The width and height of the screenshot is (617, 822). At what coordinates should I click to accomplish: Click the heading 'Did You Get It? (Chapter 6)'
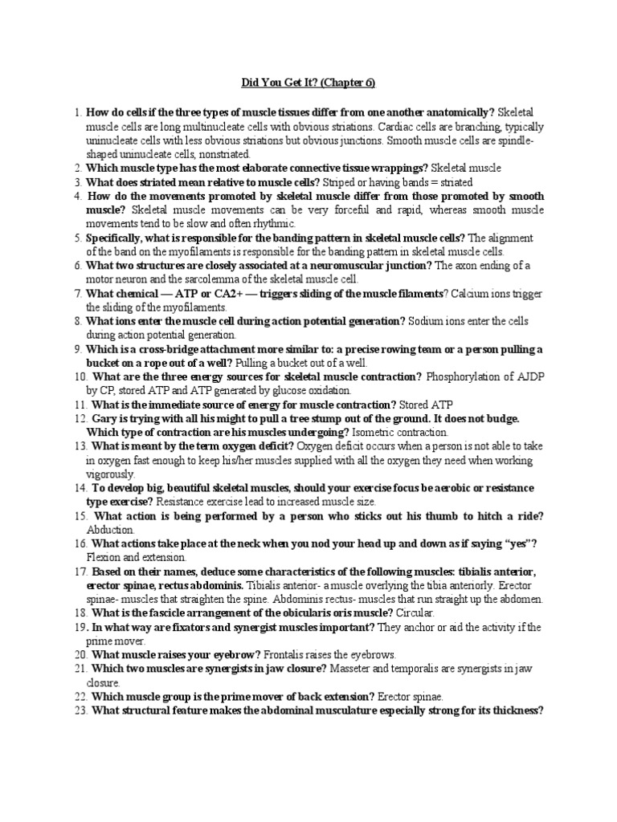coord(308,82)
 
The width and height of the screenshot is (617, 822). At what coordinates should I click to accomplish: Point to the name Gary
coord(105,418)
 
